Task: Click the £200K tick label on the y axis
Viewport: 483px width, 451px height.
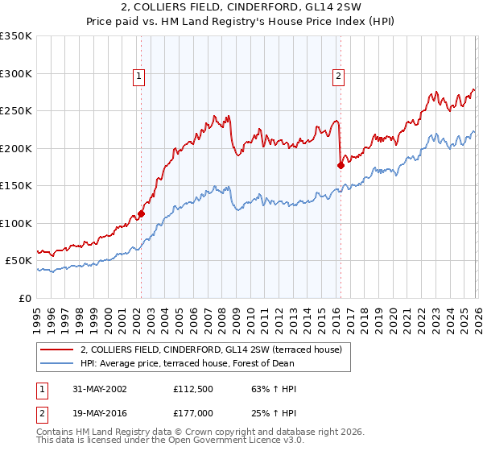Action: pos(16,148)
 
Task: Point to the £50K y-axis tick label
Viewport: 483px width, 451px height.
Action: pos(19,261)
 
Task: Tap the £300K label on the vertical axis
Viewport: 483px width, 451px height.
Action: pos(16,73)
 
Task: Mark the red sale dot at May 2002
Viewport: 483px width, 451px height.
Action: pos(141,214)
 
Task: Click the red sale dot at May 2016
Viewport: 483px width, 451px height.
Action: pos(340,165)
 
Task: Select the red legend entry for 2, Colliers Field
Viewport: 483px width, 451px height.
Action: pos(211,350)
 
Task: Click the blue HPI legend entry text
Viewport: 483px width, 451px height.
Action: pos(187,364)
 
